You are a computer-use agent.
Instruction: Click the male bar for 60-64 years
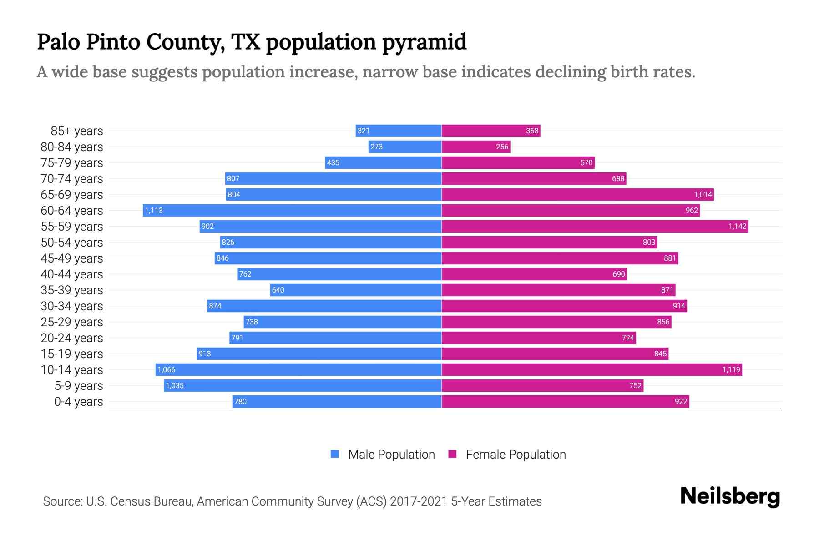(292, 210)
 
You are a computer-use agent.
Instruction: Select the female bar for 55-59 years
(595, 226)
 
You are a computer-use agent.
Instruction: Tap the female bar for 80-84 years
(476, 147)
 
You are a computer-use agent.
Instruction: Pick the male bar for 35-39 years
(356, 290)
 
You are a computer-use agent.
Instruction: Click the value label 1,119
(731, 369)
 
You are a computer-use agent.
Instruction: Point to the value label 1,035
(175, 385)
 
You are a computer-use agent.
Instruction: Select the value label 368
(532, 131)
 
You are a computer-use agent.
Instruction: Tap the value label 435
(333, 162)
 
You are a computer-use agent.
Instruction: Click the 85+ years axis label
(77, 131)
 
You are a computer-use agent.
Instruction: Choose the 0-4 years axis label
(78, 402)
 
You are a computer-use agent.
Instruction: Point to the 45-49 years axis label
(72, 258)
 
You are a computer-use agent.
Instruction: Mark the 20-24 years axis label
(72, 338)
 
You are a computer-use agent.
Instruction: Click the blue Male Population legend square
(335, 454)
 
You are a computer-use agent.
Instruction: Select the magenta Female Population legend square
(452, 454)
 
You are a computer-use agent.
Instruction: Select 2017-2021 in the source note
(419, 501)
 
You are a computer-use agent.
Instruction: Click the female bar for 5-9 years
(542, 385)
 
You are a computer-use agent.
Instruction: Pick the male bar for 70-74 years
(334, 178)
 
